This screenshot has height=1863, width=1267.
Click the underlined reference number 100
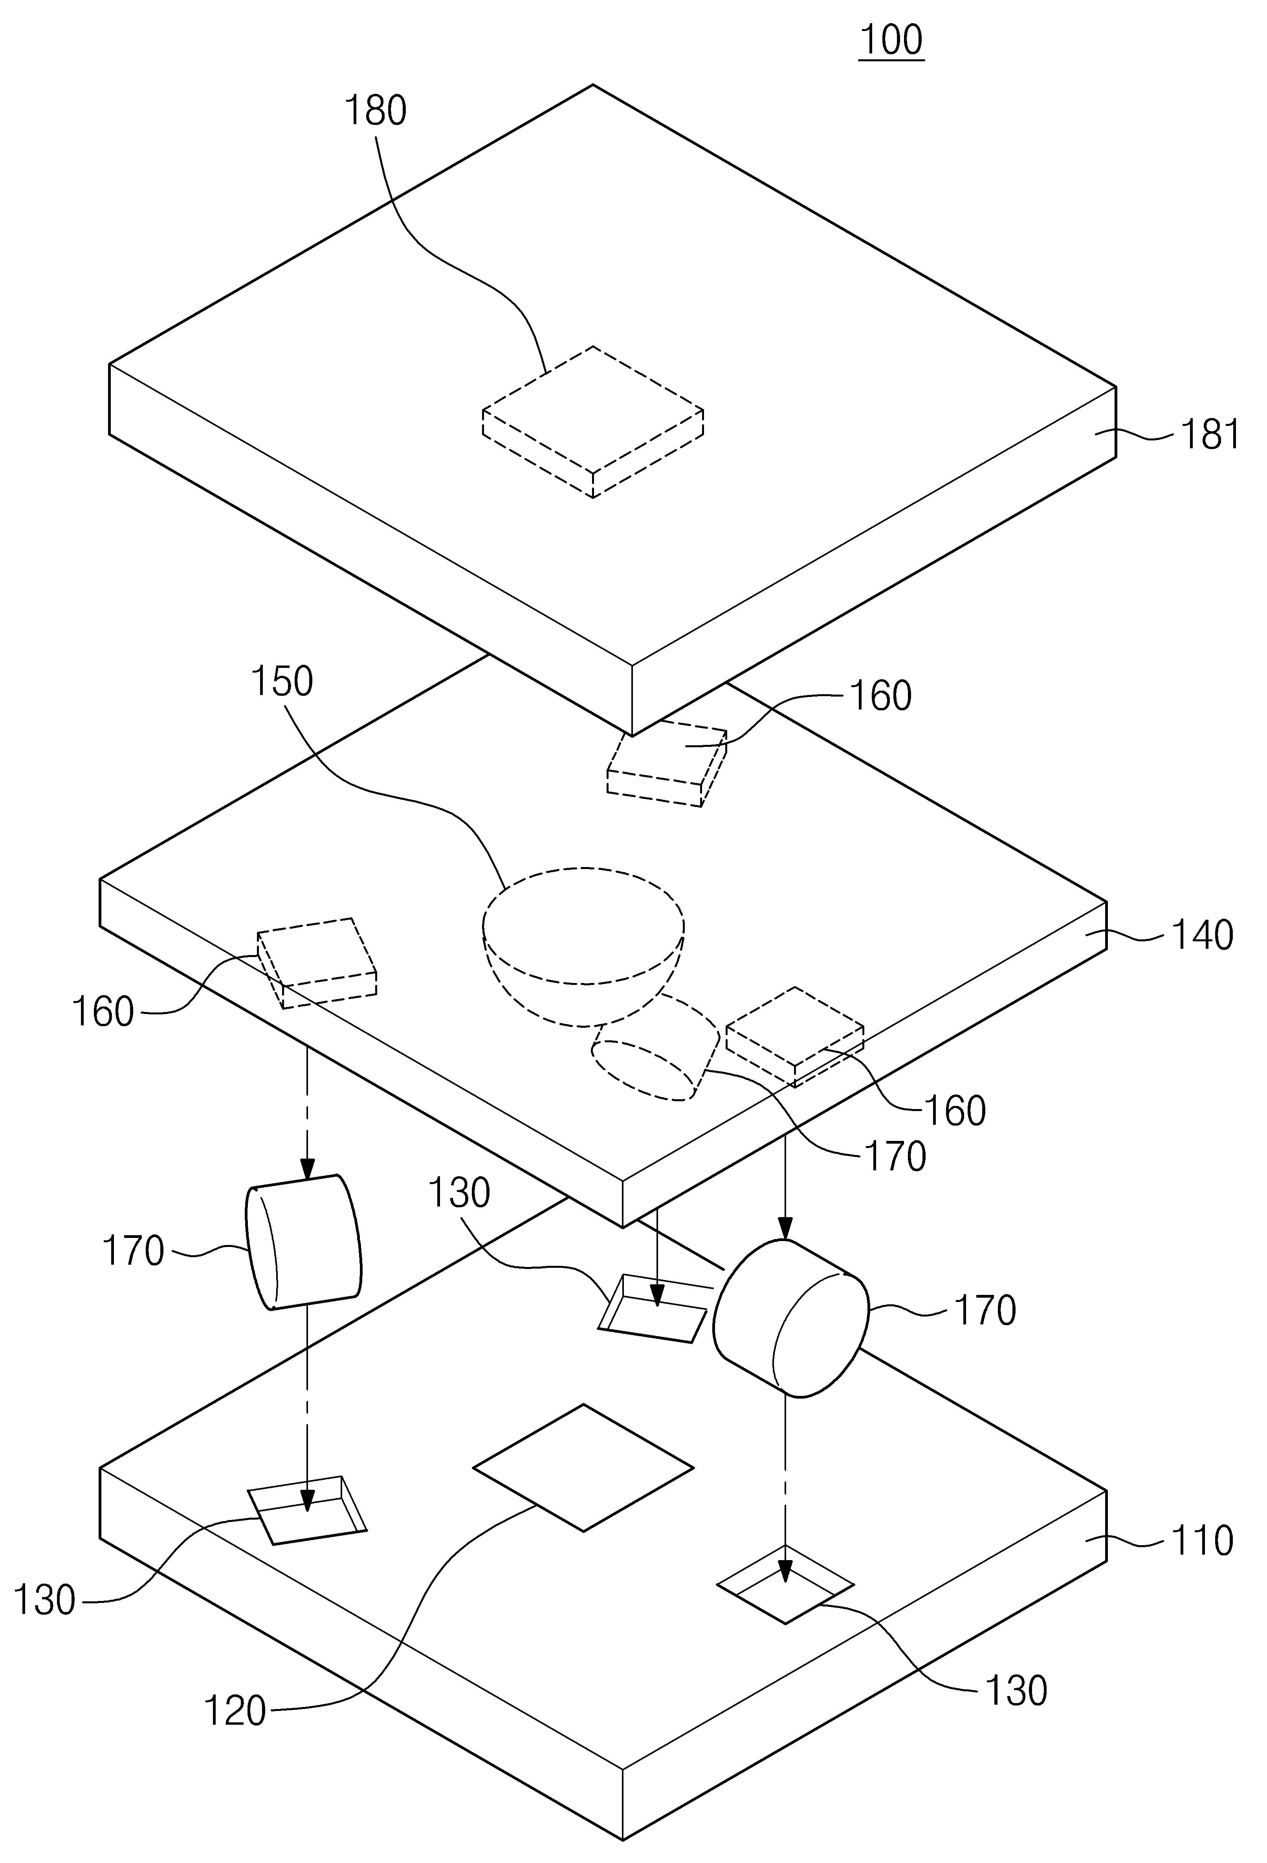click(891, 40)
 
